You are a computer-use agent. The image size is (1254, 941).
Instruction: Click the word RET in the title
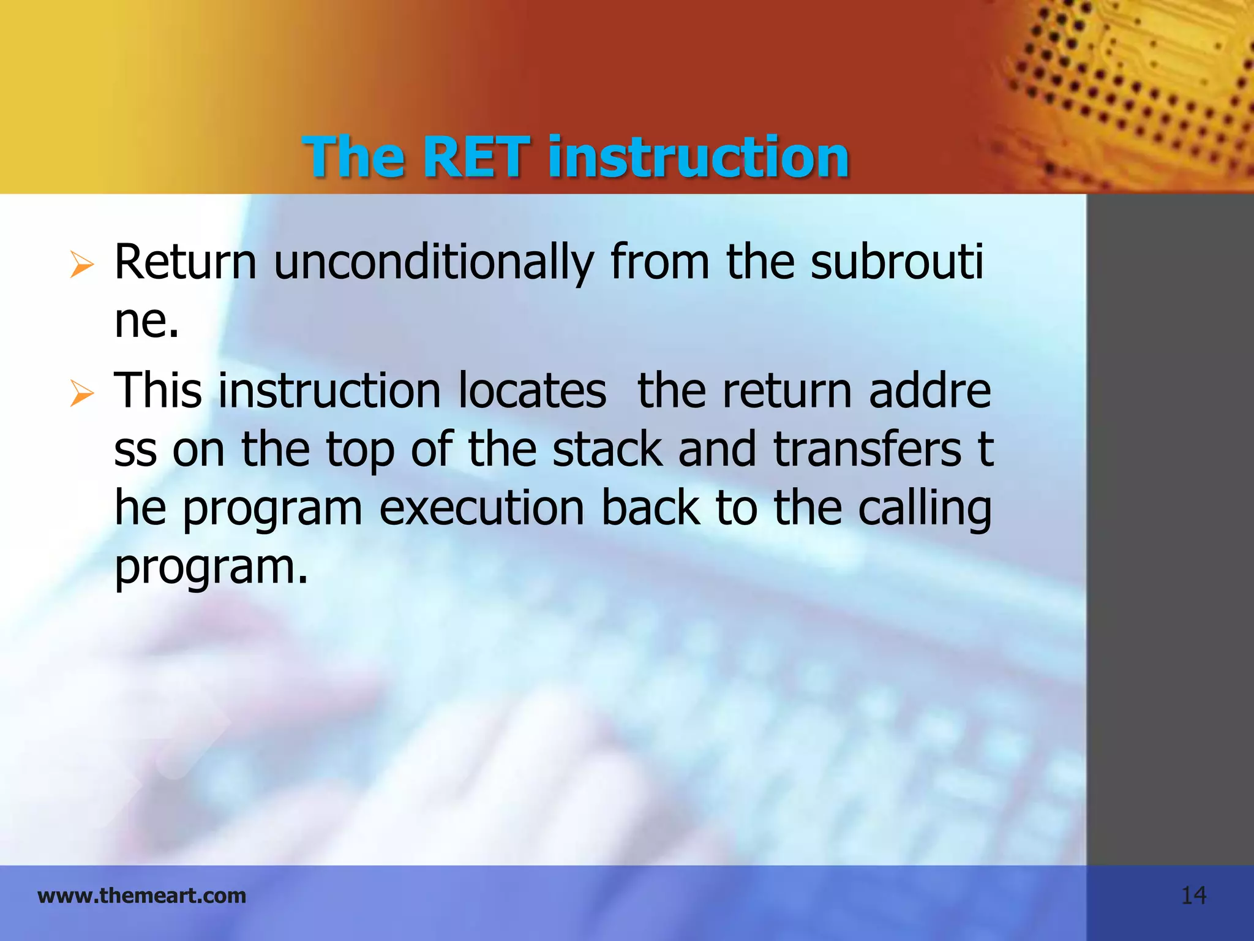click(x=476, y=157)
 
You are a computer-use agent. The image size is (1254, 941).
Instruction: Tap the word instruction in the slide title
click(x=699, y=157)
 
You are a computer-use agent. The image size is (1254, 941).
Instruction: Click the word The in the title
click(x=353, y=157)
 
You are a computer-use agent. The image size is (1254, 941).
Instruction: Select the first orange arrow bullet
click(x=81, y=265)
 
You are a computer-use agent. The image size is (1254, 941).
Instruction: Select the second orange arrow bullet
click(x=81, y=393)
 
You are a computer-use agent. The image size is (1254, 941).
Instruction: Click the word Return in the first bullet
click(x=185, y=262)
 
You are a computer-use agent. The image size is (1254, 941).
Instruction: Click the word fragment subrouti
click(x=896, y=262)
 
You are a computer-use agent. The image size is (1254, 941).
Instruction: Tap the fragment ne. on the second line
click(x=147, y=321)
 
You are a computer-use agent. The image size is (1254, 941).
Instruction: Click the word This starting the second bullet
click(x=158, y=390)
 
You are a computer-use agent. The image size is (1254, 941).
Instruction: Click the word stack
click(x=607, y=449)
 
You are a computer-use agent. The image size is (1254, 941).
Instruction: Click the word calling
click(x=924, y=509)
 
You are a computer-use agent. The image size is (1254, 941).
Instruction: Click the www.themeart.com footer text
click(x=142, y=896)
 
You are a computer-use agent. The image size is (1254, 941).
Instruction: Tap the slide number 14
click(x=1193, y=896)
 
